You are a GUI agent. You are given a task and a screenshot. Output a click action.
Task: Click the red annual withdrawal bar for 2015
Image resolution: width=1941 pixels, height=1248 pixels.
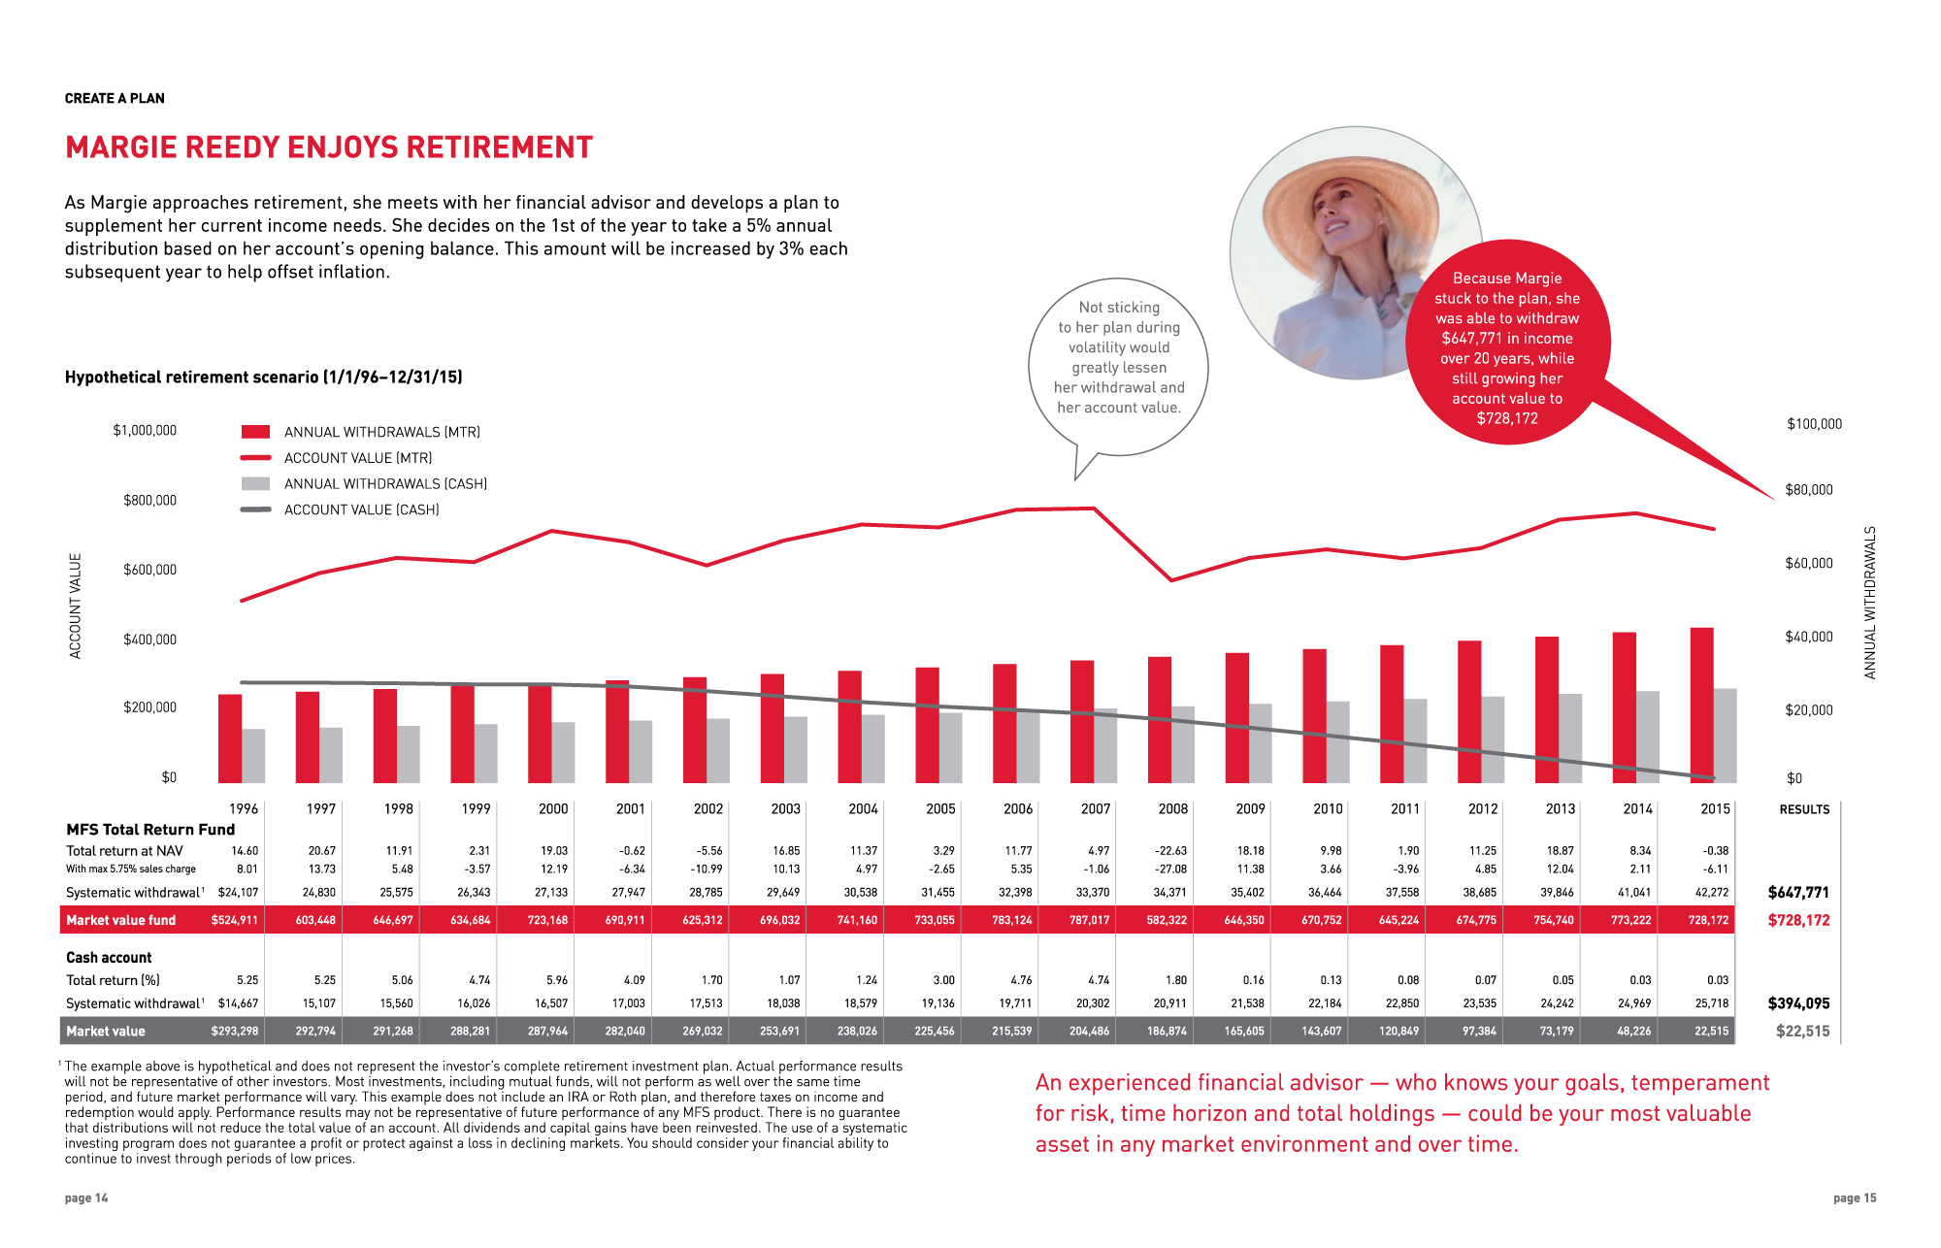(x=1701, y=705)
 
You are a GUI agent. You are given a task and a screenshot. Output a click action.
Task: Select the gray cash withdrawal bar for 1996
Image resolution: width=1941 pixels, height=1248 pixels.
(x=253, y=755)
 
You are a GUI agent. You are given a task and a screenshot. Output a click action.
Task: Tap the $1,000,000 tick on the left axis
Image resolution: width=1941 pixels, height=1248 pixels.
(x=145, y=431)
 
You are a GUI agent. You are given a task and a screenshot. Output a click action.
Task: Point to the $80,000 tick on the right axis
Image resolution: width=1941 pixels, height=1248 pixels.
(x=1809, y=490)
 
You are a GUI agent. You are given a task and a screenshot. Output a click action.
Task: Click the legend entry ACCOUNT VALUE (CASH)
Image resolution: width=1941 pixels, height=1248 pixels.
(x=361, y=509)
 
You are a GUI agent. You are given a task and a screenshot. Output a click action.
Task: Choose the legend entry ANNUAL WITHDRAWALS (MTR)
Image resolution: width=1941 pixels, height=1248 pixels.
(x=381, y=432)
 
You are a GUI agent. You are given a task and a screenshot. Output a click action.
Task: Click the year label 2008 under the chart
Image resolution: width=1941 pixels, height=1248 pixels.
(x=1172, y=808)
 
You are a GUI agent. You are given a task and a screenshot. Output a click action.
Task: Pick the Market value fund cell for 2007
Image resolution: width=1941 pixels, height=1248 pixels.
(x=1089, y=920)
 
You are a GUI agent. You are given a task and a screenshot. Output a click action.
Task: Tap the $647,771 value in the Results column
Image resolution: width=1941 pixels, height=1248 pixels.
(x=1797, y=892)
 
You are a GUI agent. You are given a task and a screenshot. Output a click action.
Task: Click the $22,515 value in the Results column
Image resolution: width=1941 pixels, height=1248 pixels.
(x=1802, y=1031)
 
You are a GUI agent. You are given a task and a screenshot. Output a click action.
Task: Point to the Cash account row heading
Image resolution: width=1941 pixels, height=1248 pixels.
(x=109, y=957)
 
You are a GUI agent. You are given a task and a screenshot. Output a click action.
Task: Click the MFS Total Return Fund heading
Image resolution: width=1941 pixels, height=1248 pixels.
(x=150, y=829)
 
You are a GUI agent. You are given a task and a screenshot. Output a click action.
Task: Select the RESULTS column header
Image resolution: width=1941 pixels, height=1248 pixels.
(x=1804, y=809)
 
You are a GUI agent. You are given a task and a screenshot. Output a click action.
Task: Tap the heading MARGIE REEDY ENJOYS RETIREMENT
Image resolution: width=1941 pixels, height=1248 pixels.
(x=329, y=148)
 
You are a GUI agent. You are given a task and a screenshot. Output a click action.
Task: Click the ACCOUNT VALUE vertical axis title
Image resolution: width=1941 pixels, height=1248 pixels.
(x=76, y=606)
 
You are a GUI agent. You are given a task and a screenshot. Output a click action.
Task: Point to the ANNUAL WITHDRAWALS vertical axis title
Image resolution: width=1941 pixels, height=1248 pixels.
(x=1870, y=602)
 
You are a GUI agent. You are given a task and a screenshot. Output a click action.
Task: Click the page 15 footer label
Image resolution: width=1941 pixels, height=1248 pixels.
(x=1855, y=1198)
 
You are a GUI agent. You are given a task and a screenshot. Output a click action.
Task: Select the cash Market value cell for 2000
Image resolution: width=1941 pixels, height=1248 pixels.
(x=549, y=1031)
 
